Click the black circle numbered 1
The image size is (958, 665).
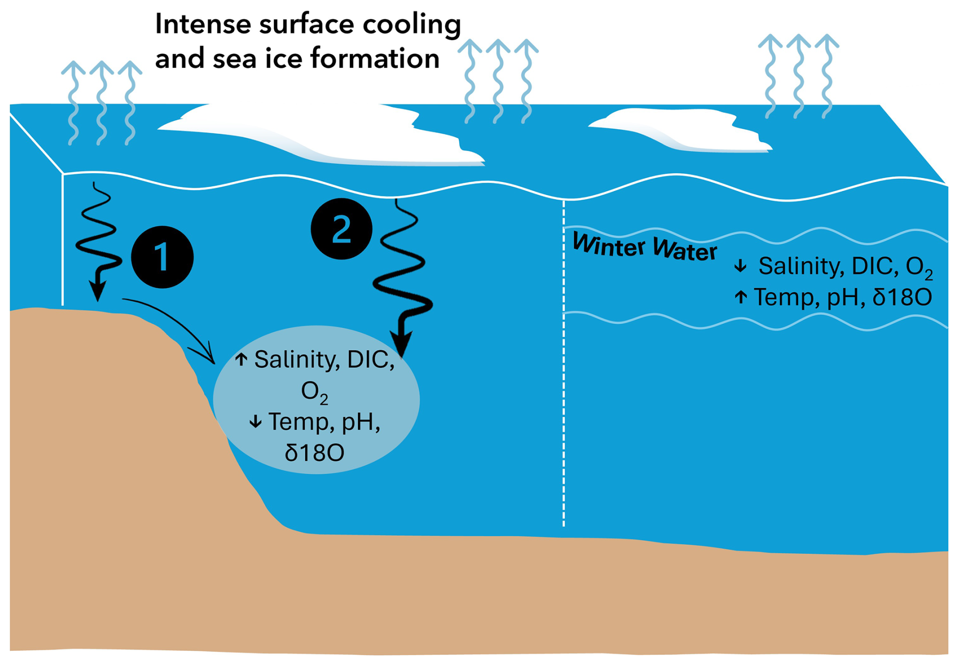(162, 257)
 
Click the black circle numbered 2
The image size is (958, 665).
(341, 229)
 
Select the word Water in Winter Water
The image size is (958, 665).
(685, 250)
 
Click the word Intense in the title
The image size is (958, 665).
(203, 24)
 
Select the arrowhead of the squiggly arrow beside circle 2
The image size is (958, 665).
(403, 344)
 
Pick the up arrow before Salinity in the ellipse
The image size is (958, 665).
(242, 360)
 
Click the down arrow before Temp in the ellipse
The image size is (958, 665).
(256, 421)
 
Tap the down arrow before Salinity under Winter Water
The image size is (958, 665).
(740, 266)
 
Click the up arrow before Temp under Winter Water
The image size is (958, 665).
(740, 297)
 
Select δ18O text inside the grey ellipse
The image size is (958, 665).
(314, 453)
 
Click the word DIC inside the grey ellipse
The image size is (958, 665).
(370, 360)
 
